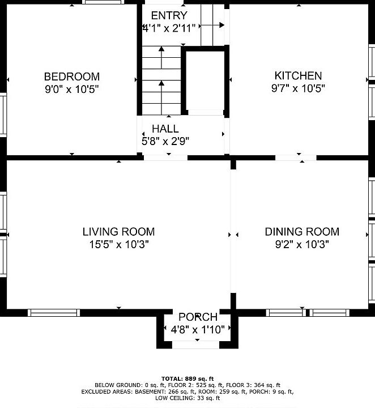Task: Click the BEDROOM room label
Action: coord(72,76)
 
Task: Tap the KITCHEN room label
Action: coord(299,76)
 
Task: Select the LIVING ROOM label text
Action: coord(118,232)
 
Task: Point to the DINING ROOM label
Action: coord(302,232)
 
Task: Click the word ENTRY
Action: coord(169,16)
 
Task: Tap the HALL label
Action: coord(165,129)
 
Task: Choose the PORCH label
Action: coord(198,317)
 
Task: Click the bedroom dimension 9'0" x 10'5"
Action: coord(72,90)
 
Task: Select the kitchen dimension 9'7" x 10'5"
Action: coord(299,88)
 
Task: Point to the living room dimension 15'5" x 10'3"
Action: coord(119,244)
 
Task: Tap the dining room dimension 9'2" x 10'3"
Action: coord(302,244)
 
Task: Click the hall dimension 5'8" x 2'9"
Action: coord(165,141)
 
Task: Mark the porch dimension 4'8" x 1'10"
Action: coord(198,330)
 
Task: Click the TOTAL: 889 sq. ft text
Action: coord(187,379)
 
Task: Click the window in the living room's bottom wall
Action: coord(54,312)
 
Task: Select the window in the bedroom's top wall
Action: coord(103,2)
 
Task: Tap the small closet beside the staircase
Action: coord(206,80)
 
